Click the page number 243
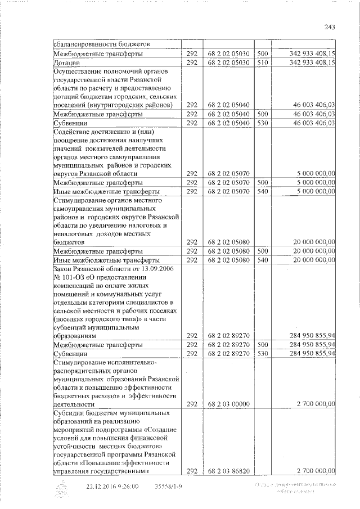coord(330,28)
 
